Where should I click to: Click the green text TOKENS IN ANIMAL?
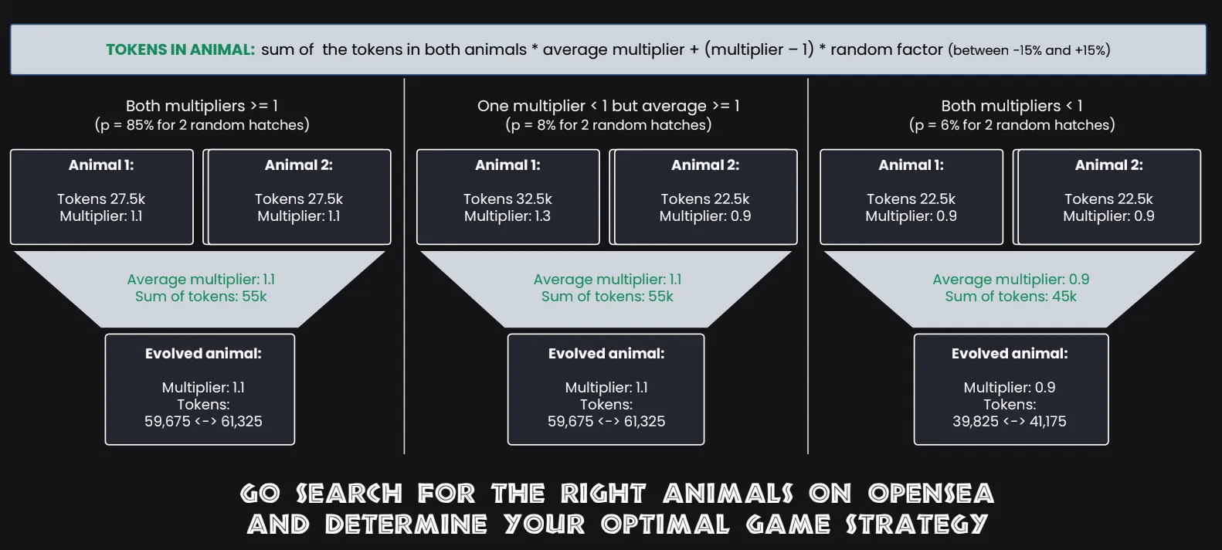(x=180, y=49)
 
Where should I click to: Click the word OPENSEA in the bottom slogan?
(x=932, y=494)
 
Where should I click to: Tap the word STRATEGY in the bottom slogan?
(x=916, y=525)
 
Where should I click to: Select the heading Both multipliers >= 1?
(x=202, y=106)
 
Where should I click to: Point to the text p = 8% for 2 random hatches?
(x=608, y=125)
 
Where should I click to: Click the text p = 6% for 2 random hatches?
(x=1012, y=125)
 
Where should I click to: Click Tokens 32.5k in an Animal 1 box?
(x=508, y=199)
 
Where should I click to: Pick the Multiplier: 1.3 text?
(x=507, y=216)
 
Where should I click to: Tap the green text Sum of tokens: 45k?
(x=1011, y=297)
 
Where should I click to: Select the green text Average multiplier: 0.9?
(x=1011, y=280)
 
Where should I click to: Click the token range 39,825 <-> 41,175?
(x=1010, y=421)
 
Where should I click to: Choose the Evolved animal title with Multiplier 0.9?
(x=1010, y=354)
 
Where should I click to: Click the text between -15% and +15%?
(x=1029, y=51)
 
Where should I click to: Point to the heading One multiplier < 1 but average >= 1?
(x=608, y=106)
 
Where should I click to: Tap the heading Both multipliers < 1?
(x=1012, y=106)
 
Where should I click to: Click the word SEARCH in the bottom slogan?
(x=349, y=494)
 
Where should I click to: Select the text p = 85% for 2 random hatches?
(x=202, y=125)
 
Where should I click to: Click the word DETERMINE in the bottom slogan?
(x=406, y=525)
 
